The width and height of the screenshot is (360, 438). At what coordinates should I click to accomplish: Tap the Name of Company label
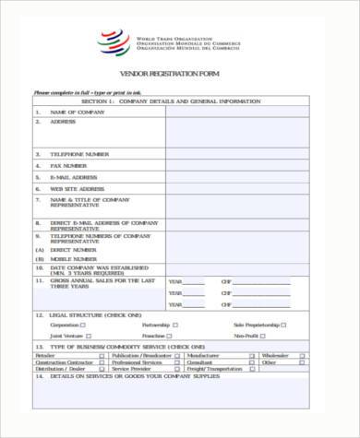pyautogui.click(x=74, y=112)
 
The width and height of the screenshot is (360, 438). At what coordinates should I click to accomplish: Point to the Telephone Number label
pyautogui.click(x=79, y=154)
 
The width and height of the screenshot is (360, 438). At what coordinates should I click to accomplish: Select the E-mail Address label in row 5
pyautogui.click(x=74, y=176)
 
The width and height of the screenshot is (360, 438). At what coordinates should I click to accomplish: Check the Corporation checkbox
pyautogui.click(x=84, y=325)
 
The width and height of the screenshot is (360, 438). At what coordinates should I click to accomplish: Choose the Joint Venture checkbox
pyautogui.click(x=84, y=336)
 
